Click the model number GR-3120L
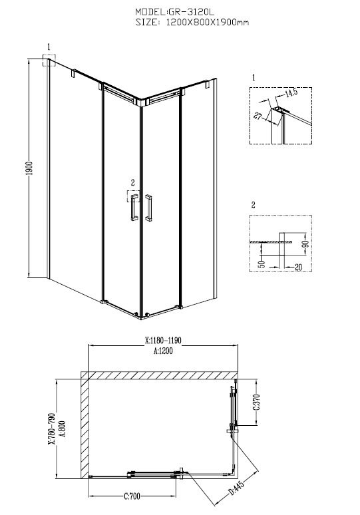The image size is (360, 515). coord(191,12)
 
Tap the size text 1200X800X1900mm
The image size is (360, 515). coord(208,23)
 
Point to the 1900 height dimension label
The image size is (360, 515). coord(29,168)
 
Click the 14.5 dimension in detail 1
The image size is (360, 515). coord(291,92)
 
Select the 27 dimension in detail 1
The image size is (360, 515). coord(258,116)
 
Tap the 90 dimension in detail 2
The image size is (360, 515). coord(305,244)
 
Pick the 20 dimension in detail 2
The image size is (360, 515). coord(298,267)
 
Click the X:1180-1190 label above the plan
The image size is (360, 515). coord(163,340)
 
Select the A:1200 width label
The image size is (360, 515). coord(163,351)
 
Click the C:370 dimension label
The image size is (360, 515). coord(257,403)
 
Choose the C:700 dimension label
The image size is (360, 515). coord(132,496)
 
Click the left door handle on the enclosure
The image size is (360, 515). coord(134,208)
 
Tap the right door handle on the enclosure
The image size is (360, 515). coord(148,208)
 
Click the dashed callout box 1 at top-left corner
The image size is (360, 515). coord(49,60)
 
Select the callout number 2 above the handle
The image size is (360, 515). coord(132,182)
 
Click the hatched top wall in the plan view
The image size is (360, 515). coord(159,375)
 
